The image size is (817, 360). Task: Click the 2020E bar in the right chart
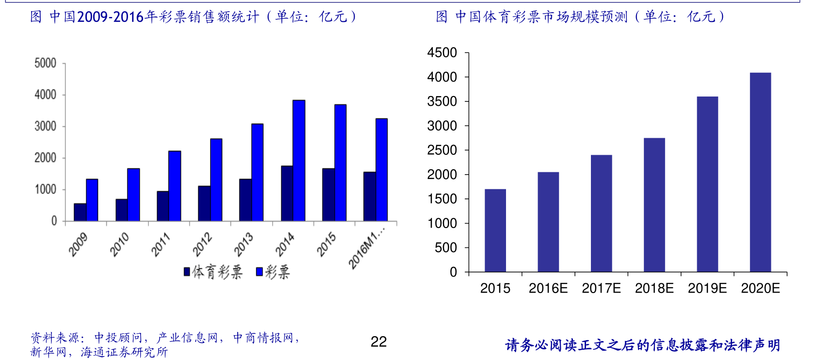[760, 172]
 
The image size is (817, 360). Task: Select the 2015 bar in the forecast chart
[495, 230]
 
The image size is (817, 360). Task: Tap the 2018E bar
[654, 205]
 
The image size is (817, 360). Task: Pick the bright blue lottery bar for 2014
[299, 160]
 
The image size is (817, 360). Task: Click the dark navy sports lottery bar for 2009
[80, 212]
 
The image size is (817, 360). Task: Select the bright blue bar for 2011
[175, 186]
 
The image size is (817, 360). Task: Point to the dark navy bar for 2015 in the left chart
[328, 195]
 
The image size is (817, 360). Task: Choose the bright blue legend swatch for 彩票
[260, 272]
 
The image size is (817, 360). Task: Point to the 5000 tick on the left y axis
[45, 63]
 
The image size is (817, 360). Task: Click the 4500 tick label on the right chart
[442, 52]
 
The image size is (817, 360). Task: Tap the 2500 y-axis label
[442, 150]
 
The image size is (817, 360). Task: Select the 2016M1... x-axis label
[367, 247]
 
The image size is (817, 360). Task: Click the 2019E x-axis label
[707, 288]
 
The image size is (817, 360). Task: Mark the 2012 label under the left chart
[202, 244]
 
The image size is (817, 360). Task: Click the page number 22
[378, 342]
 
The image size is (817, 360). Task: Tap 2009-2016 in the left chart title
[111, 17]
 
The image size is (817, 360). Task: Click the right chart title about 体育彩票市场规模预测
[580, 17]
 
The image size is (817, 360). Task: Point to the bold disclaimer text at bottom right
[642, 345]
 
